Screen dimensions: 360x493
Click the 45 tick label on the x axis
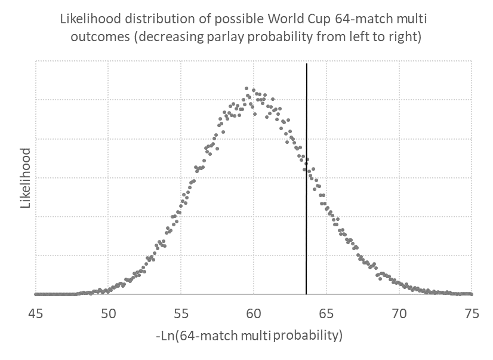pyautogui.click(x=36, y=313)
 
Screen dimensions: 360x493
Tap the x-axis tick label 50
pyautogui.click(x=108, y=313)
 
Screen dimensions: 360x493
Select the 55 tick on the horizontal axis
pyautogui.click(x=181, y=313)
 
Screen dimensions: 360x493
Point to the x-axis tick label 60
pyautogui.click(x=254, y=313)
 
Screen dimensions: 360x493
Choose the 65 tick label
pyautogui.click(x=326, y=313)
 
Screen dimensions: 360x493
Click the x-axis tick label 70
pyautogui.click(x=399, y=313)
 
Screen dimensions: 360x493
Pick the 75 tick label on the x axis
pyautogui.click(x=472, y=313)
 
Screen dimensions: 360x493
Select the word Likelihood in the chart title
pyautogui.click(x=89, y=19)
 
